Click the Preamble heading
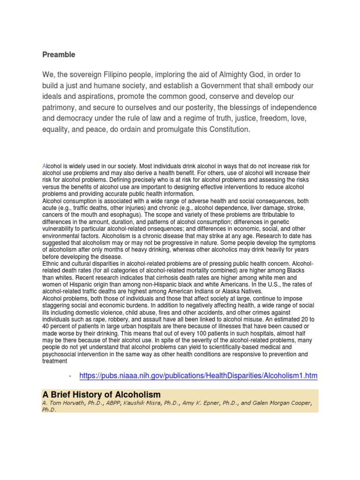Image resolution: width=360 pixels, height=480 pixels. [59, 55]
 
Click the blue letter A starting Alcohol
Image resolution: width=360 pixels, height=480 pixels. [44, 166]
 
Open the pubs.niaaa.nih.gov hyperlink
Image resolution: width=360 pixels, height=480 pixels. [198, 375]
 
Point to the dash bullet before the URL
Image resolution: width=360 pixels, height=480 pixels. [69, 375]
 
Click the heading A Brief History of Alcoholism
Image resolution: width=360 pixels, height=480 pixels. [101, 395]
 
